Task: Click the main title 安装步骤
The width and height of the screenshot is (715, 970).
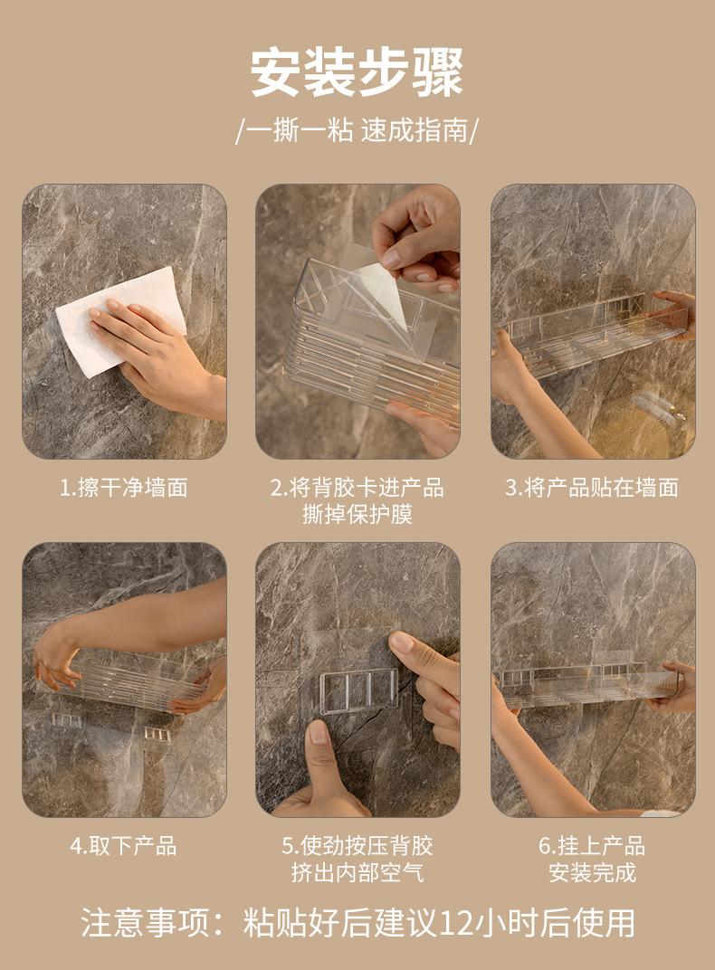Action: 357,72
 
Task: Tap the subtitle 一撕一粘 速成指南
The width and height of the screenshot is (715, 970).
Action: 357,130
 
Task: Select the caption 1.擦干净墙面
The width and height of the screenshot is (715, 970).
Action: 124,488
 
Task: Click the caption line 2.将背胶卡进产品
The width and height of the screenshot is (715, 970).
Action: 357,488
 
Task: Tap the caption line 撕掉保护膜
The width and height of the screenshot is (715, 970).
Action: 357,514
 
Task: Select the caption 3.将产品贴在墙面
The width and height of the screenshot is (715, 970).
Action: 592,488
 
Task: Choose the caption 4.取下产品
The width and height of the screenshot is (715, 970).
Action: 124,846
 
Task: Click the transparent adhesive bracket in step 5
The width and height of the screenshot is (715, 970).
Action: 358,691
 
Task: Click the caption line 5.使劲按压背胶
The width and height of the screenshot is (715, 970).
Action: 357,846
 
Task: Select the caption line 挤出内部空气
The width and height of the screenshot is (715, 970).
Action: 357,872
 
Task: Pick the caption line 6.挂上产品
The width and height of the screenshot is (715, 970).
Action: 592,846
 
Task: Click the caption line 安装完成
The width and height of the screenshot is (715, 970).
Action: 592,872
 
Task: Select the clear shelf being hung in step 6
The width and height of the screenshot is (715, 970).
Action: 587,683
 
